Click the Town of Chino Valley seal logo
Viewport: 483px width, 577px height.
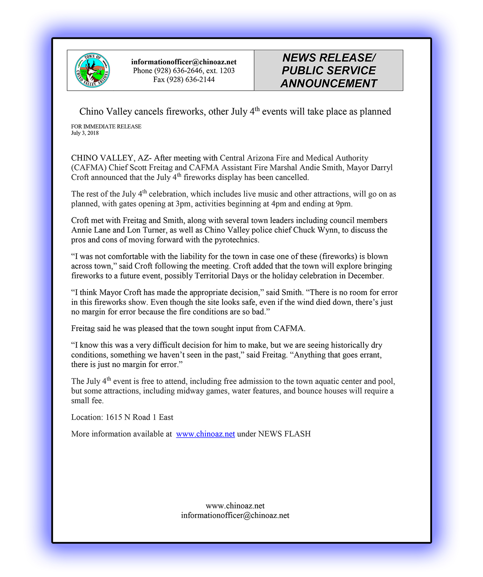pyautogui.click(x=92, y=70)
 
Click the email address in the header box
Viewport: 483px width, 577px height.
pyautogui.click(x=184, y=62)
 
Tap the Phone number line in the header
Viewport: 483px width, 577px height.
pyautogui.click(x=184, y=71)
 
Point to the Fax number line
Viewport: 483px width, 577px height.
pyautogui.click(x=184, y=79)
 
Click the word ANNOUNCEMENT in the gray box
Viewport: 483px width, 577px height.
pyautogui.click(x=329, y=84)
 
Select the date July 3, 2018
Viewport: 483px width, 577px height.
pyautogui.click(x=85, y=133)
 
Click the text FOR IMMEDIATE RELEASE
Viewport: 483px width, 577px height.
pyautogui.click(x=106, y=126)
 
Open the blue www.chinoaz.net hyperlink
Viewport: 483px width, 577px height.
pyautogui.click(x=206, y=434)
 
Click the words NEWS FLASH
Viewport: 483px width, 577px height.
pyautogui.click(x=284, y=434)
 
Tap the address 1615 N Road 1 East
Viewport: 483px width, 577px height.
pyautogui.click(x=139, y=417)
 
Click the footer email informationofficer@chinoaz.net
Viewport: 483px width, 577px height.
pyautogui.click(x=235, y=515)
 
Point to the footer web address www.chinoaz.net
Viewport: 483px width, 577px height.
pyautogui.click(x=235, y=506)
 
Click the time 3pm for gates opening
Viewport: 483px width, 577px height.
pyautogui.click(x=183, y=204)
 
